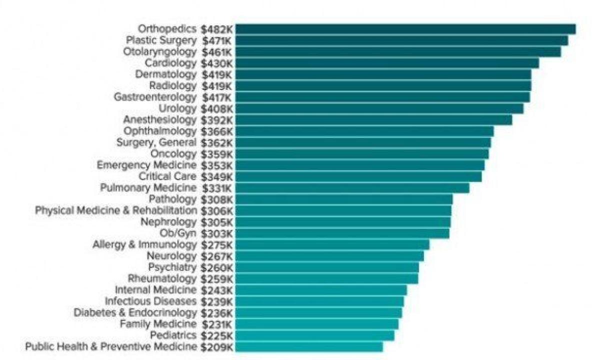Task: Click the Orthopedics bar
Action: pos(405,29)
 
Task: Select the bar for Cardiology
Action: pos(387,63)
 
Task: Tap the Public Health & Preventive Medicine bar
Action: pos(309,347)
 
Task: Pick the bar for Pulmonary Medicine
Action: pos(352,188)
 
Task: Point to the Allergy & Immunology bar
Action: pos(332,245)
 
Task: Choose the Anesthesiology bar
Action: pos(373,120)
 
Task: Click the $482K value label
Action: pos(217,29)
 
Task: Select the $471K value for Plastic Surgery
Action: pos(217,40)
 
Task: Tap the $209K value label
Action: pos(217,347)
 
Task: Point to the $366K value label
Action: pos(217,131)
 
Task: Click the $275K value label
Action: pos(217,245)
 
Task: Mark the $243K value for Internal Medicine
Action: pos(217,290)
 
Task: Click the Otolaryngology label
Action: pos(160,52)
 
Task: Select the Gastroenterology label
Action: pos(155,97)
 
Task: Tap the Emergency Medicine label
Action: pos(146,165)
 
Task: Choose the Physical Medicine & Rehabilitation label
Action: pos(116,210)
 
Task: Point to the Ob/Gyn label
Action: pos(178,233)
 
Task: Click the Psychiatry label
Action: pos(172,267)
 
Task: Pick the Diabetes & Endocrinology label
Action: pos(135,312)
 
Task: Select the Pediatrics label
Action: pos(173,335)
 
